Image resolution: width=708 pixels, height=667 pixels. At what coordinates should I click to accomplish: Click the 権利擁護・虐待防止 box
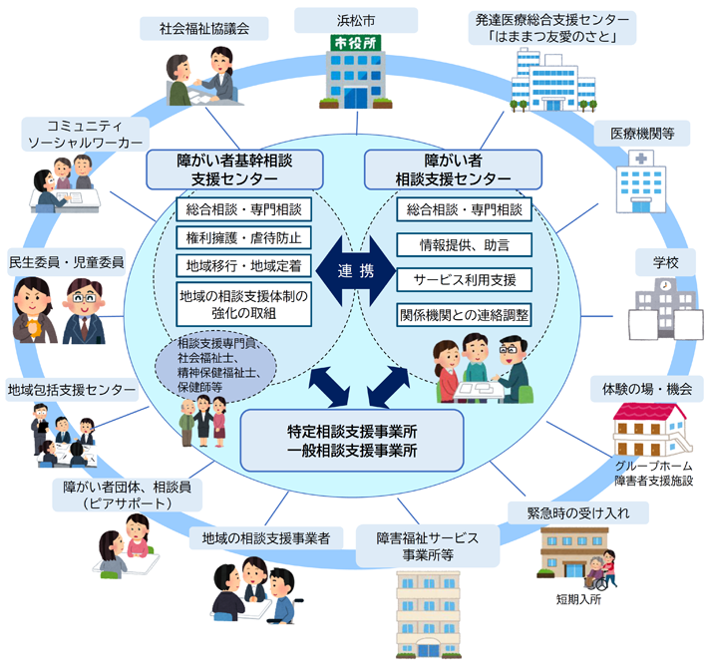tap(243, 238)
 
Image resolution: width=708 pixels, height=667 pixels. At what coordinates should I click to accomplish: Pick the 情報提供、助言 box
tap(464, 243)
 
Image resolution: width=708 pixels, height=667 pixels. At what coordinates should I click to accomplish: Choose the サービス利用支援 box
tap(464, 278)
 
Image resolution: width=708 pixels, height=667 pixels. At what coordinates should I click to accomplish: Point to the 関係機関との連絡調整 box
tap(464, 314)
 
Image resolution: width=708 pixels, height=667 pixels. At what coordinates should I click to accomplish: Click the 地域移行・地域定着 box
tap(243, 266)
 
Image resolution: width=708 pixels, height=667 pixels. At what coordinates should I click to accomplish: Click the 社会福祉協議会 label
tap(203, 27)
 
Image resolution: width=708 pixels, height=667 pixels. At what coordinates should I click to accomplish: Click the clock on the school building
tap(665, 286)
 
